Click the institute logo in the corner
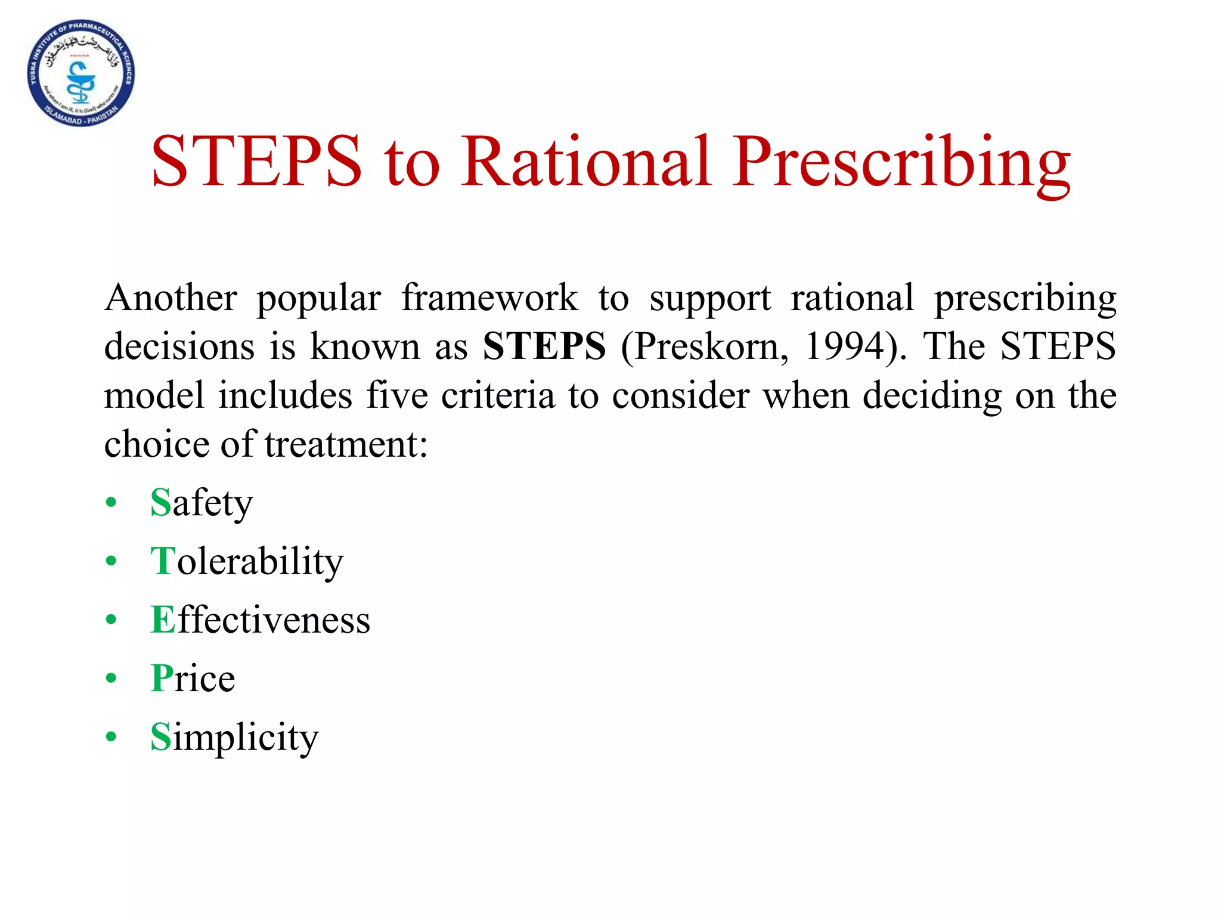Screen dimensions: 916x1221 [x=81, y=73]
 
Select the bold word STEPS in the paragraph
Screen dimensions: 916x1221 [x=544, y=346]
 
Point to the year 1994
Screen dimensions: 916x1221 [x=844, y=346]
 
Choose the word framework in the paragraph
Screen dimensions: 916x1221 [x=489, y=298]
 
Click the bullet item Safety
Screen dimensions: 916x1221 [x=202, y=503]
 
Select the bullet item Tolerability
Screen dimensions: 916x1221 [x=247, y=561]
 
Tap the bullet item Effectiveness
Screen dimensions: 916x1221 [x=260, y=620]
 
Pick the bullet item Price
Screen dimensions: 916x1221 [x=193, y=678]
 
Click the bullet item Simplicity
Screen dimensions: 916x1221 [x=234, y=737]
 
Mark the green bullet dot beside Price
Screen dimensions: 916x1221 [x=111, y=679]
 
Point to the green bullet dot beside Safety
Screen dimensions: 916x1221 [x=111, y=503]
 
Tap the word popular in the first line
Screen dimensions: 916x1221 [x=319, y=299]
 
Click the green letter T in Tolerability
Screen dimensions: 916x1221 [x=163, y=561]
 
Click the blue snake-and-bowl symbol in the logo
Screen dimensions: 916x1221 [x=79, y=83]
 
